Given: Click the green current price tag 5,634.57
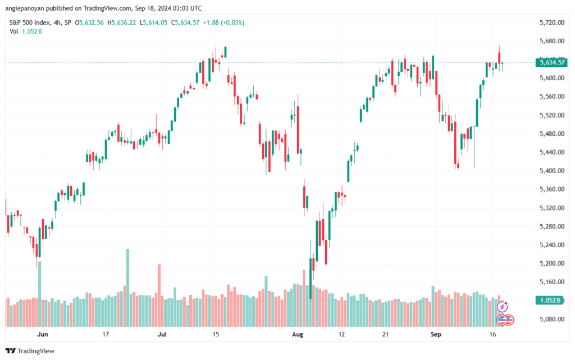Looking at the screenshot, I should pos(551,63).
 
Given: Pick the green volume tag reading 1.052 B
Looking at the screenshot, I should pos(551,300).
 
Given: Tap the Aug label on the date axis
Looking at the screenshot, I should pos(298,334).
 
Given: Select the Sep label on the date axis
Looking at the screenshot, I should pos(434,334).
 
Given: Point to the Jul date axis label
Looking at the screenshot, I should pos(162,334).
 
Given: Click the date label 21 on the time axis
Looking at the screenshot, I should pos(385,334).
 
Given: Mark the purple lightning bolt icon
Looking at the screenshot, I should pos(503,307).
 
